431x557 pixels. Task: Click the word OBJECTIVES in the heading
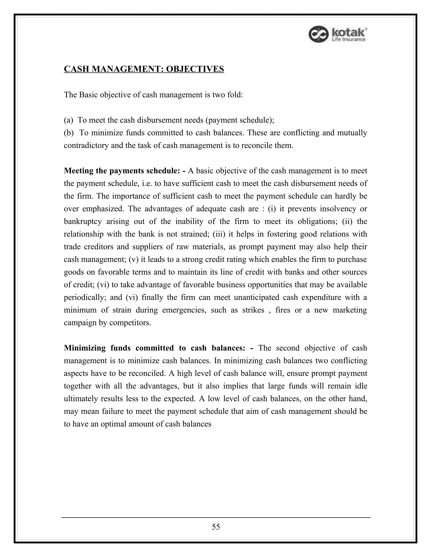[195, 69]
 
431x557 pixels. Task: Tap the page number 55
[216, 527]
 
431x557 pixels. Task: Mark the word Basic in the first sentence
[88, 95]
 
